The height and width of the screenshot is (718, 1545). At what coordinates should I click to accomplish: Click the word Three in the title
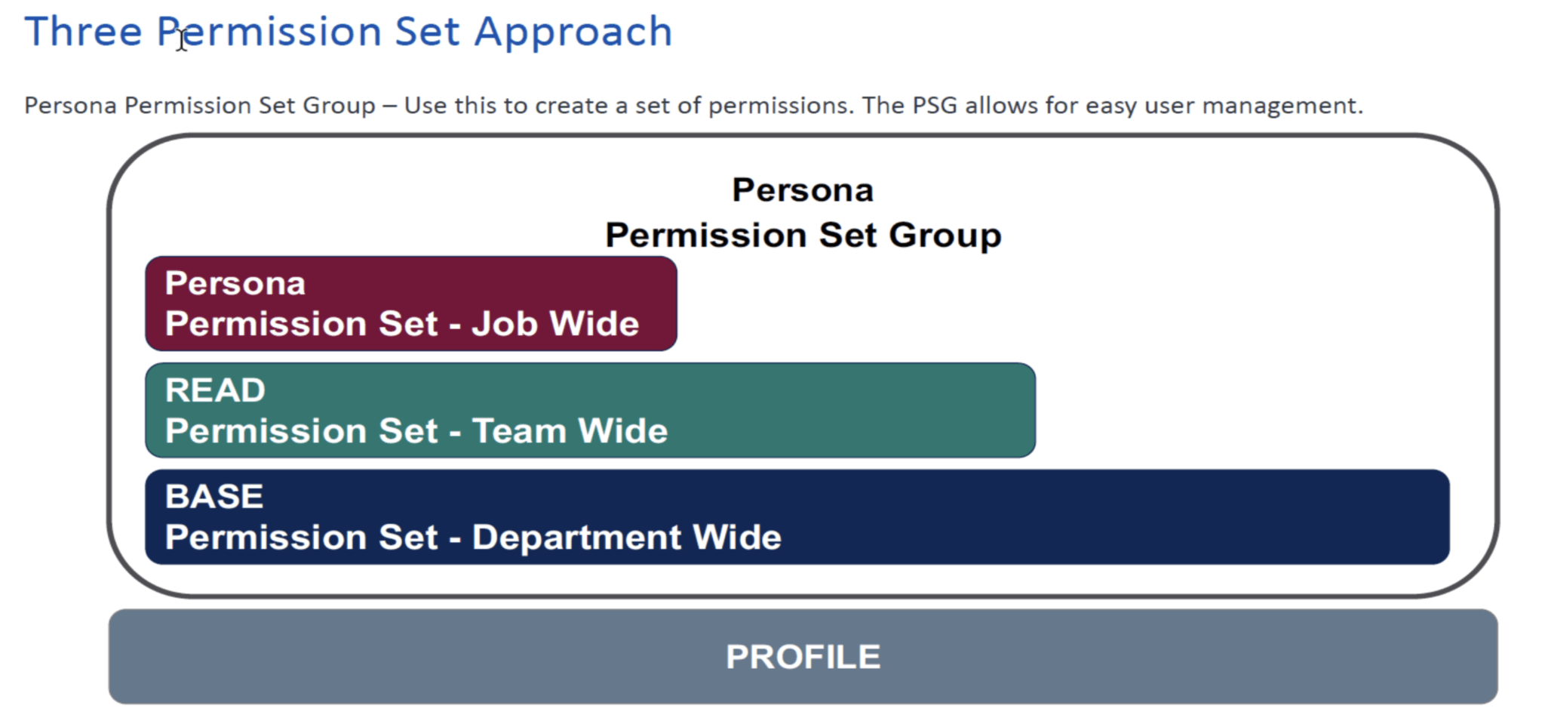83,32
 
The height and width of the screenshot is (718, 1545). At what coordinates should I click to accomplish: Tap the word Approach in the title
573,33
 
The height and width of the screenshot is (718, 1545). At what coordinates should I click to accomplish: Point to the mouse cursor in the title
182,39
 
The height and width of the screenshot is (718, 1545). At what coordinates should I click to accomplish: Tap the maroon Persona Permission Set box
411,304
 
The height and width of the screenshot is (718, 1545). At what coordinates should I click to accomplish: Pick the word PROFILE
803,657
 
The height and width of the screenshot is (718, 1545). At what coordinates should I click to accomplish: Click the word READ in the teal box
215,390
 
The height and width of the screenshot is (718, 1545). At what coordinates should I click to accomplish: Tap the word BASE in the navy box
214,497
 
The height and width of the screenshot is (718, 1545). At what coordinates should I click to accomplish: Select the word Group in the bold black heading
945,236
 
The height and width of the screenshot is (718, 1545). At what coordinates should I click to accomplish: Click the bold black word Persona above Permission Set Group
803,190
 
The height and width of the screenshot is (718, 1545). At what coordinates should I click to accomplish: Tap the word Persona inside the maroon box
235,284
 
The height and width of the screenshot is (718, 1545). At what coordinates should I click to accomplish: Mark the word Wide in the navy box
736,538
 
